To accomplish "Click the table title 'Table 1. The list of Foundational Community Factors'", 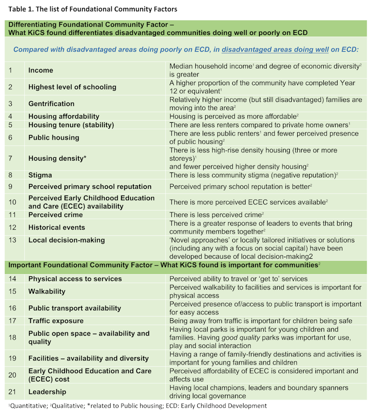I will [92, 9].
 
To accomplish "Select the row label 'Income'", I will [41, 70].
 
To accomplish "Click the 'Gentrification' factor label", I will [51, 104].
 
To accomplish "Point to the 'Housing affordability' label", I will [63, 117].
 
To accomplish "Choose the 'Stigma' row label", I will [40, 175].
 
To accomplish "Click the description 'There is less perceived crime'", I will [216, 215].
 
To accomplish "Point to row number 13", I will [11, 240].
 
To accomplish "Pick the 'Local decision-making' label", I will [66, 240].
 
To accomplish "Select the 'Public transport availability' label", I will [74, 308].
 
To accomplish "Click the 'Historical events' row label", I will [57, 228].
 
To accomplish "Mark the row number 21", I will [11, 392].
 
